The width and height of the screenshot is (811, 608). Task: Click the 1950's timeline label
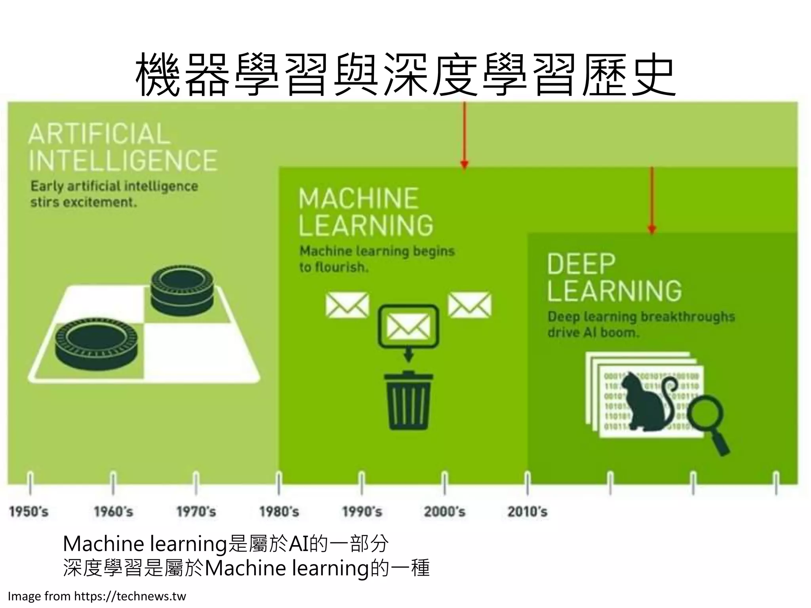[29, 512]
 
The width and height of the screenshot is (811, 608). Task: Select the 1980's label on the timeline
[279, 512]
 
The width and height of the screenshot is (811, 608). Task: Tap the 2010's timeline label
[527, 512]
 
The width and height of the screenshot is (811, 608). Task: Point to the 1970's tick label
[196, 512]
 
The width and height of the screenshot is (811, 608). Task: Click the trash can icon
[408, 401]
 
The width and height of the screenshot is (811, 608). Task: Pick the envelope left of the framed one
[347, 305]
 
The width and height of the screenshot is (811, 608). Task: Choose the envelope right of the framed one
[469, 305]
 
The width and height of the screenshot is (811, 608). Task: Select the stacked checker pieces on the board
[183, 290]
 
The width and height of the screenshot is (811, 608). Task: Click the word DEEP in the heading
[581, 264]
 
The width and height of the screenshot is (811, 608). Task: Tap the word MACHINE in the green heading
[358, 198]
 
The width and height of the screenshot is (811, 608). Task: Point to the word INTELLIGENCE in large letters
[123, 160]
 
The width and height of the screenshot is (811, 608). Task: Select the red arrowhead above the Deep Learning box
[652, 229]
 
